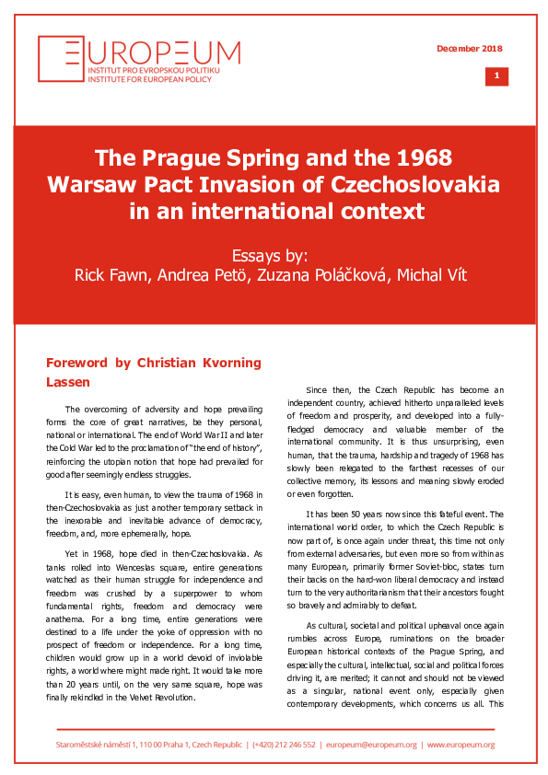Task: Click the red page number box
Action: (x=496, y=76)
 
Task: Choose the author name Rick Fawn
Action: (x=114, y=275)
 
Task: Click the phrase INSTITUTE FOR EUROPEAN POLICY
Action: (x=135, y=78)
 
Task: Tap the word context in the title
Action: (x=375, y=210)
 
